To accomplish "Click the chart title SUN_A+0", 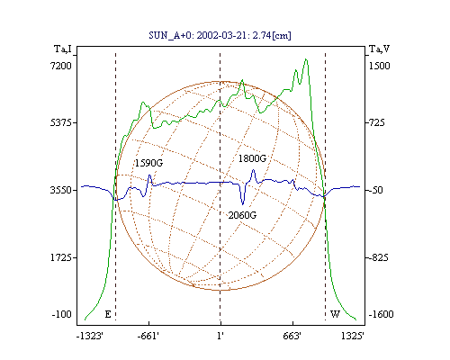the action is click(171, 35).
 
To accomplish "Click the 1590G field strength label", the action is click(148, 163).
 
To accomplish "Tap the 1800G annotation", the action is click(252, 158).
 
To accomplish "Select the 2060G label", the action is click(242, 215).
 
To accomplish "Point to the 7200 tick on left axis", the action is click(61, 66).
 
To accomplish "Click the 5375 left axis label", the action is click(61, 122).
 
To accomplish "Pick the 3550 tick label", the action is click(61, 190).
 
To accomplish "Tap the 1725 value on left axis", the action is click(61, 257).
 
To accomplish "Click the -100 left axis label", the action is click(62, 314).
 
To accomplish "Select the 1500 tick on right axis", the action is click(379, 66).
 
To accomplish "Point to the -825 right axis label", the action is click(378, 257).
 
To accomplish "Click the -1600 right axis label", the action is click(381, 314).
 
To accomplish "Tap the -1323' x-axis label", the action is click(90, 336).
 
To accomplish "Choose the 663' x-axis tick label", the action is click(292, 336).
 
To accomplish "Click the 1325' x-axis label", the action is click(353, 336).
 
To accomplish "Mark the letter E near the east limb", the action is click(108, 314).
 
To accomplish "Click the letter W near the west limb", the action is click(335, 314).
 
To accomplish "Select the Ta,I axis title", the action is click(63, 49).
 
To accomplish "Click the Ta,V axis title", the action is click(379, 49).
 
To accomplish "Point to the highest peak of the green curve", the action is click(306, 59).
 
